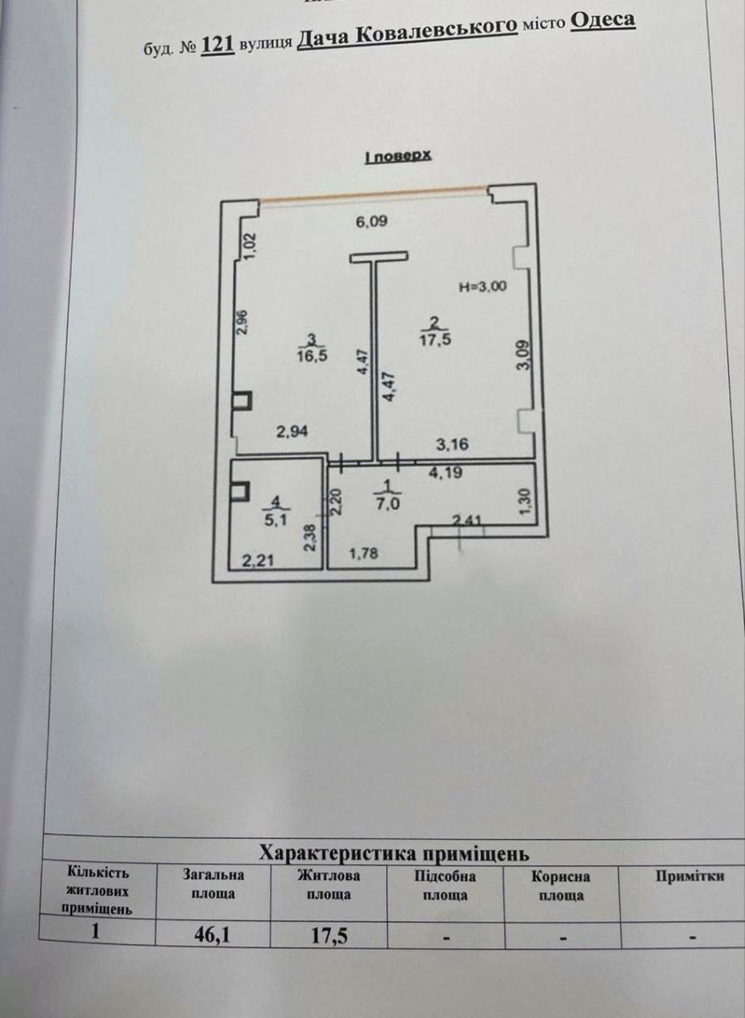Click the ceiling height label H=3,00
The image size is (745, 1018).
pyautogui.click(x=483, y=287)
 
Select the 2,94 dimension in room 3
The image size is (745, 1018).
pyautogui.click(x=290, y=432)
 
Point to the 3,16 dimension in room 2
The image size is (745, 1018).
pyautogui.click(x=453, y=442)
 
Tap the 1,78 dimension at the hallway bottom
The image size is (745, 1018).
pyautogui.click(x=365, y=557)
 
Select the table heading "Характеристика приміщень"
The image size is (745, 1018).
pyautogui.click(x=395, y=852)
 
